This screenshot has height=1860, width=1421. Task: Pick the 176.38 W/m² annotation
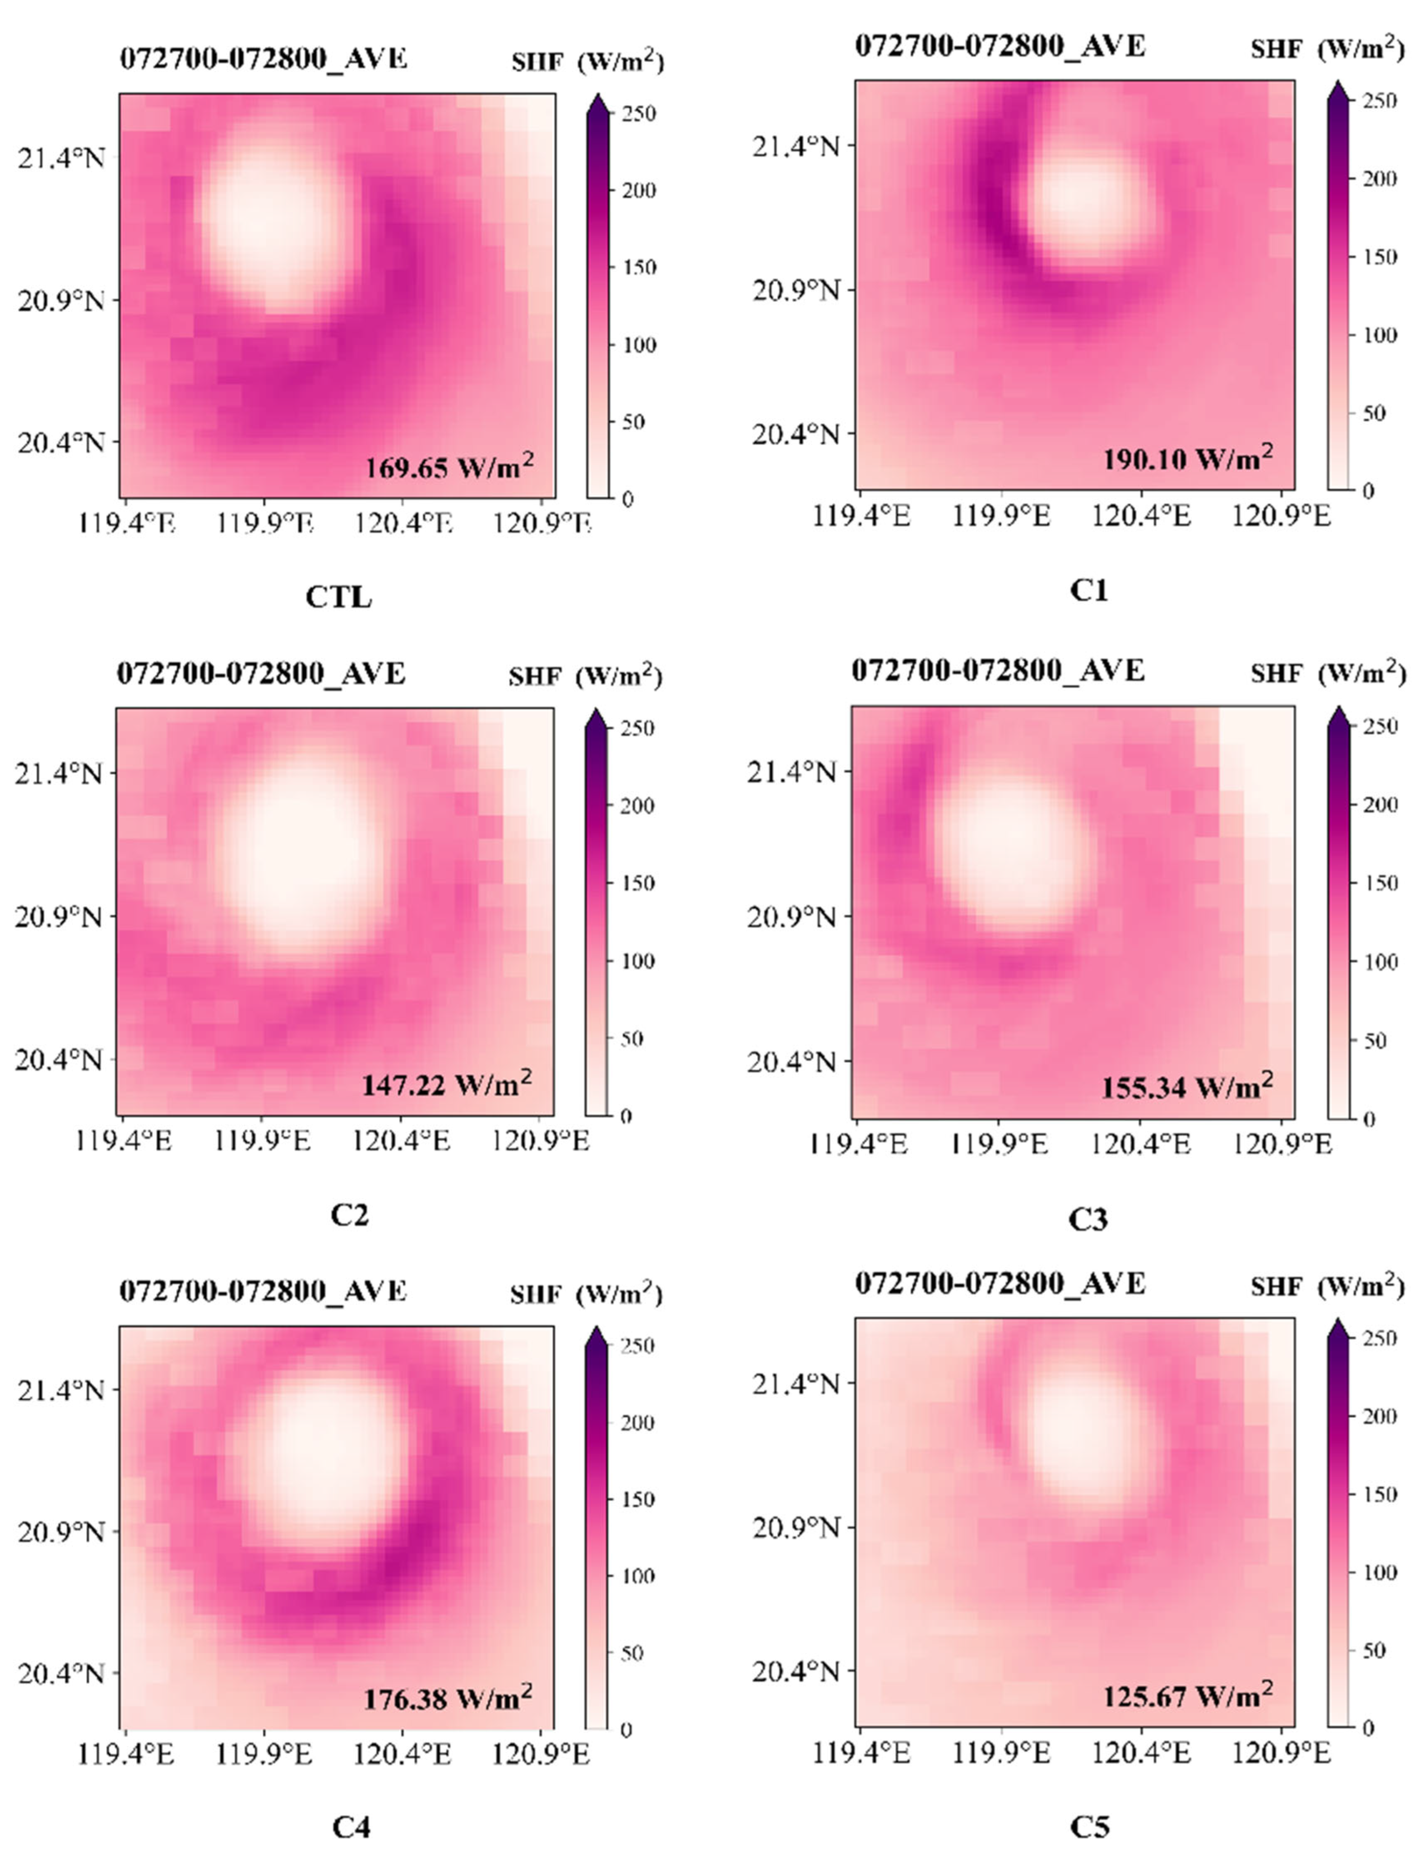(x=448, y=1698)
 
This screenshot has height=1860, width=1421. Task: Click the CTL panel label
(x=338, y=597)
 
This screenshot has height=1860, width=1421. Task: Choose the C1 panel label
(x=1088, y=590)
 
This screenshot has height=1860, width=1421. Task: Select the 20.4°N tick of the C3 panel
(x=791, y=1061)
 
